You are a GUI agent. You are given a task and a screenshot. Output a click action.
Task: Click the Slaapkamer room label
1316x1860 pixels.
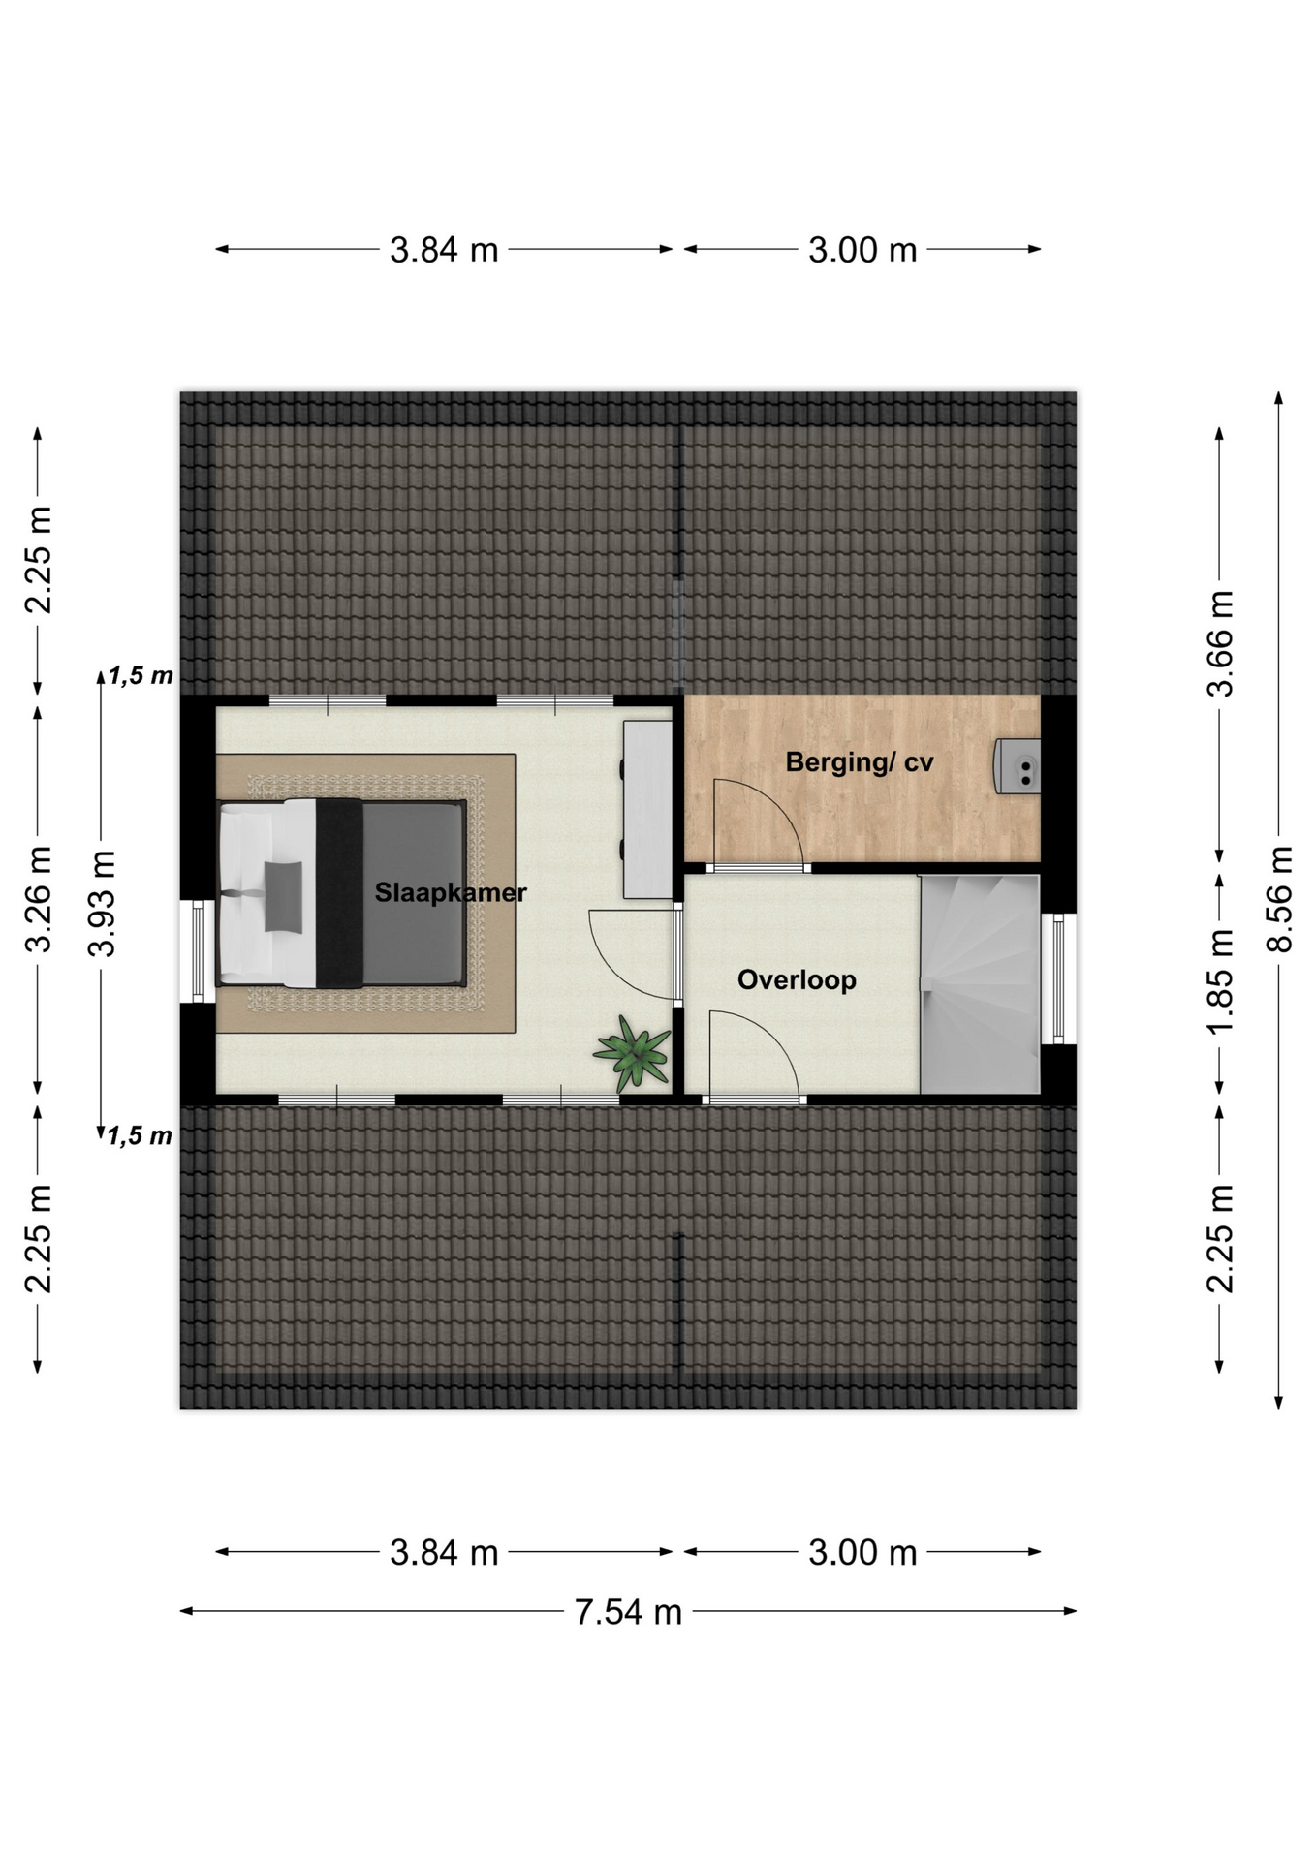coord(451,892)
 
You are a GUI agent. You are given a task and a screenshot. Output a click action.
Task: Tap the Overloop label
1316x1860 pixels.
coord(797,979)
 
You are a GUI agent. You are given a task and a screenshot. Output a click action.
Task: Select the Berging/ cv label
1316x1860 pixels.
coord(859,762)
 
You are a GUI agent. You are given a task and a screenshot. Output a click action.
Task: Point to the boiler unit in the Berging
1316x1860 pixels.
coord(1018,766)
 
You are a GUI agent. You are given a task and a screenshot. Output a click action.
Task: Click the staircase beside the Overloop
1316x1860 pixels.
coord(980,984)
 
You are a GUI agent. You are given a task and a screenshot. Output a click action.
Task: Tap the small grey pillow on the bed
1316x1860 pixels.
coord(283,896)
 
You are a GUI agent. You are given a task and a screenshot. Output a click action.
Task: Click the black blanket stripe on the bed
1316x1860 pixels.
coord(339,893)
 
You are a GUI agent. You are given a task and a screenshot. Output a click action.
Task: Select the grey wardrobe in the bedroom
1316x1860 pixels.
coord(647,809)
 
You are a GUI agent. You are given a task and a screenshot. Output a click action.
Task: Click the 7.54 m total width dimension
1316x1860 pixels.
coord(628,1611)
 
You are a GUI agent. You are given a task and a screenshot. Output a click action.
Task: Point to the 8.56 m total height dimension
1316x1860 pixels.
coord(1279,899)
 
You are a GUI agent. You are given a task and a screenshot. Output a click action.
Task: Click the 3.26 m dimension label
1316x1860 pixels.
coord(38,899)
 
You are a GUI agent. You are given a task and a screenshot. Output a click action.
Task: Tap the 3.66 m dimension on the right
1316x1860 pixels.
coord(1220,643)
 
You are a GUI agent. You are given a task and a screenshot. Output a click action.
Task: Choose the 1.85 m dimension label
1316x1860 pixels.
coord(1220,981)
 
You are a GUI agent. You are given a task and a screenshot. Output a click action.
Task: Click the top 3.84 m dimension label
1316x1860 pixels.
coord(444,250)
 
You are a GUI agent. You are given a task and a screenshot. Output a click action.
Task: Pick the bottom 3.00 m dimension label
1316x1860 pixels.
coord(862,1552)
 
